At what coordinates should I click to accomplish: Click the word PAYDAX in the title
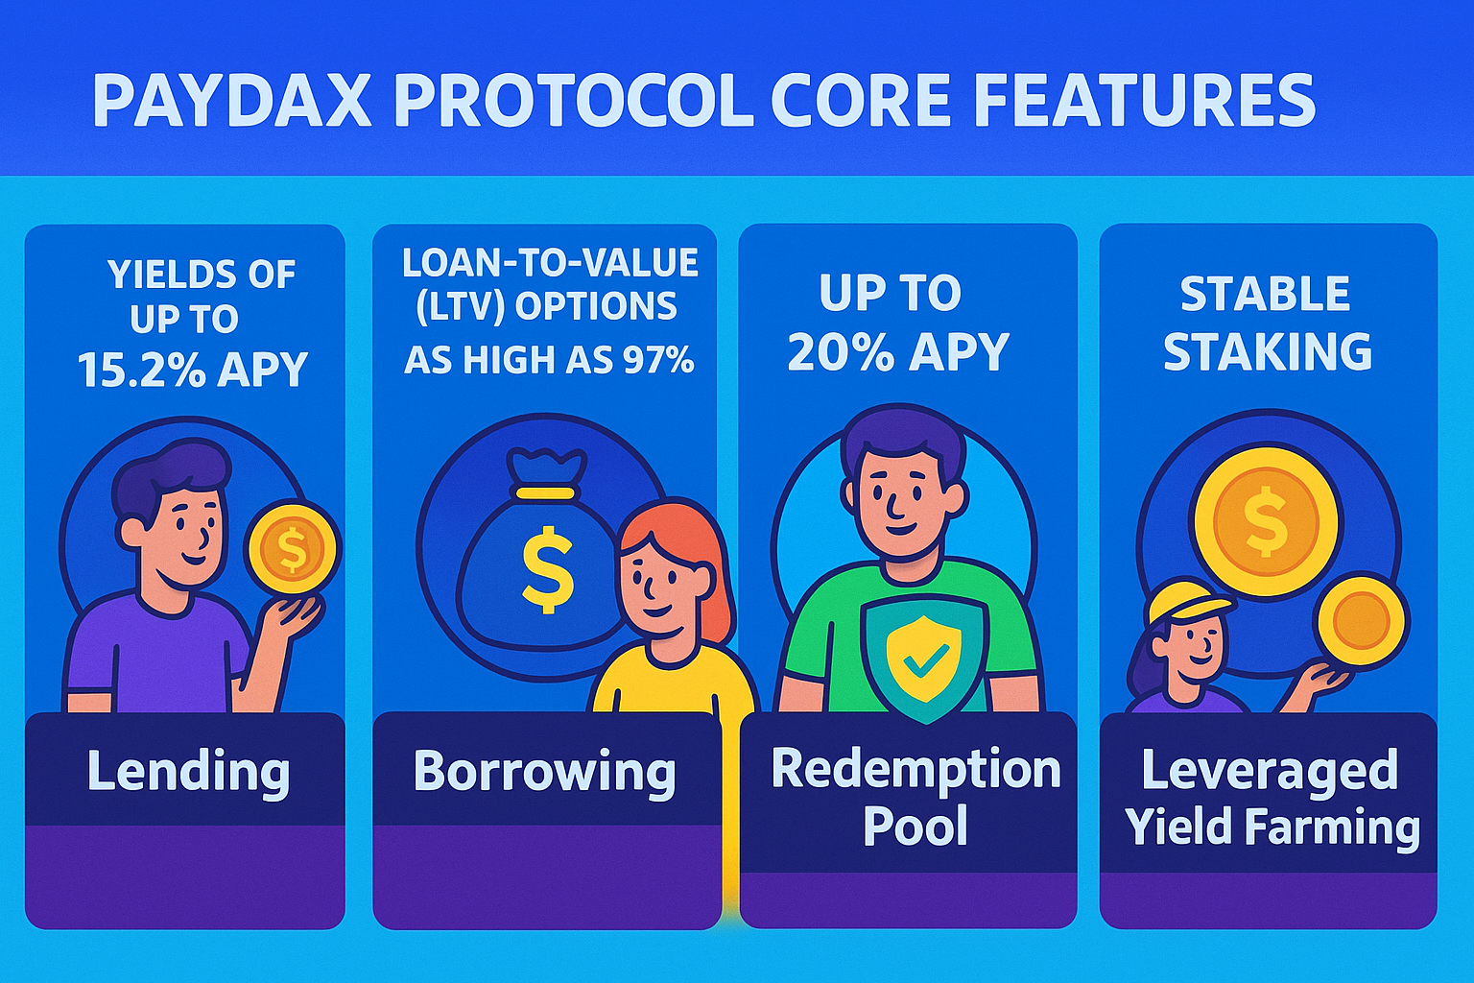[x=231, y=101]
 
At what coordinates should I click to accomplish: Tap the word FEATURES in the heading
[x=1143, y=101]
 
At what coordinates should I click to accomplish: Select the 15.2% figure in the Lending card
[x=141, y=370]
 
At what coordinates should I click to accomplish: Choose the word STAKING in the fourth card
[x=1267, y=351]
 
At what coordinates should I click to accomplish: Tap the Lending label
[x=188, y=773]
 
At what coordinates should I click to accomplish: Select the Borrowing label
[x=544, y=773]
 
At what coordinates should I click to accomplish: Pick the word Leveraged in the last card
[x=1270, y=770]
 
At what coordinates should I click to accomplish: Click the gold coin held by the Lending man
[x=292, y=548]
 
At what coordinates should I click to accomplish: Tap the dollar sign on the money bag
[x=547, y=569]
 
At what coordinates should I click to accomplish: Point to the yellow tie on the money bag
[x=545, y=493]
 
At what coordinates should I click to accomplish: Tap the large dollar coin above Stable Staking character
[x=1266, y=522]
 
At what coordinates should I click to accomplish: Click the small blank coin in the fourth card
[x=1361, y=621]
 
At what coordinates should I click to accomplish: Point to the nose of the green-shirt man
[x=893, y=508]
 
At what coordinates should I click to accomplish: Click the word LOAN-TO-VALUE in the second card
[x=550, y=263]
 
